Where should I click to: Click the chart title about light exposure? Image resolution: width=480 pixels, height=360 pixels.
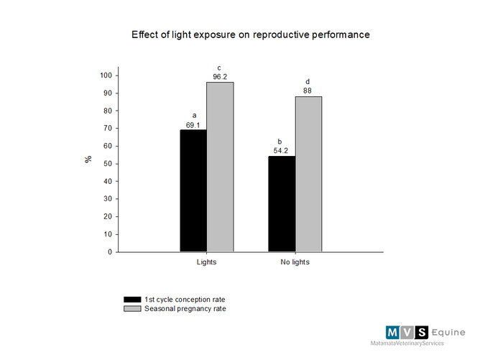250,34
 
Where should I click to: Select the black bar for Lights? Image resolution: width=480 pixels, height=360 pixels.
193,190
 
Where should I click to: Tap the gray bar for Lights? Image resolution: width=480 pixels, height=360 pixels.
220,167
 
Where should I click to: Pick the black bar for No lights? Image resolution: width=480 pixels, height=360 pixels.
282,204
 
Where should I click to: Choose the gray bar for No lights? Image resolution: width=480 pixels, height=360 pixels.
308,174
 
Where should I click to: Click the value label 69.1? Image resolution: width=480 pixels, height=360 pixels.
193,125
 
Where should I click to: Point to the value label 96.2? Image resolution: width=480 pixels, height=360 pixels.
220,77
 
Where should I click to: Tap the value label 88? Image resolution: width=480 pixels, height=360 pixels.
308,91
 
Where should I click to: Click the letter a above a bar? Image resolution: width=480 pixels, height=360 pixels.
193,115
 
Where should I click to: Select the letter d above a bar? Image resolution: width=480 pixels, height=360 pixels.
308,81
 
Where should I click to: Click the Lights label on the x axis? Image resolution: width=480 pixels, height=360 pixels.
206,262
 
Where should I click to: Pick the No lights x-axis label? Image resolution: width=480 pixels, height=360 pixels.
295,262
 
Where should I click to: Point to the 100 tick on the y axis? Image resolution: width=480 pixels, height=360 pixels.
106,75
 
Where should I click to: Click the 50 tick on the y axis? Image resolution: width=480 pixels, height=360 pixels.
109,164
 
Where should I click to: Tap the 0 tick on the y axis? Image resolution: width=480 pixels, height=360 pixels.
111,252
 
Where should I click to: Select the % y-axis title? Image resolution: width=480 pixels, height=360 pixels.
88,160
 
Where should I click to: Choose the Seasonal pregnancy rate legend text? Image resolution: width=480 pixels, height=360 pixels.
185,309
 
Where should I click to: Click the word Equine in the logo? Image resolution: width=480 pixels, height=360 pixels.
448,332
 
